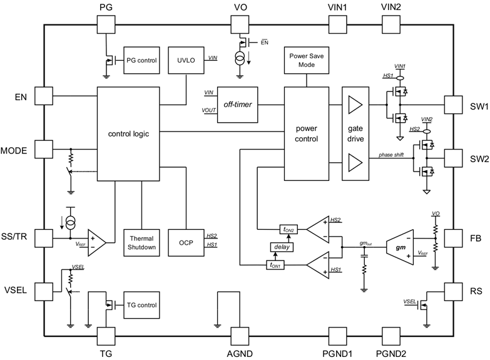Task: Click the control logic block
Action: tap(129, 134)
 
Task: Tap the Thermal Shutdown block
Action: tap(141, 242)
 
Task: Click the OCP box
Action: tap(186, 242)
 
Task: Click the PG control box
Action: tap(141, 60)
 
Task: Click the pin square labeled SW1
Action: tap(452, 104)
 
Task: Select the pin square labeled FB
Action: tap(452, 238)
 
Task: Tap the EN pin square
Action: tap(43, 96)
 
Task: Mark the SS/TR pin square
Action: tap(43, 238)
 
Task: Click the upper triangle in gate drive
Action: tap(355, 105)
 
